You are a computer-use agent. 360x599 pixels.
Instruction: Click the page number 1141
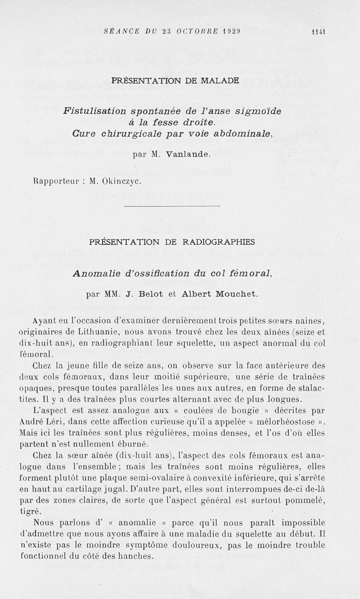(318, 32)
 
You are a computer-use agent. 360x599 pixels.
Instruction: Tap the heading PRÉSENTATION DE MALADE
(175, 81)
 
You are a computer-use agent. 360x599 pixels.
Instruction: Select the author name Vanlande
(188, 154)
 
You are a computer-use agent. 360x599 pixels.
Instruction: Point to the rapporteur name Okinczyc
(122, 181)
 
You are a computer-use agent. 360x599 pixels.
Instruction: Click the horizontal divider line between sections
(172, 206)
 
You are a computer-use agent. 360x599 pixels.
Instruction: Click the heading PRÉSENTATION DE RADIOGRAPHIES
(172, 242)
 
